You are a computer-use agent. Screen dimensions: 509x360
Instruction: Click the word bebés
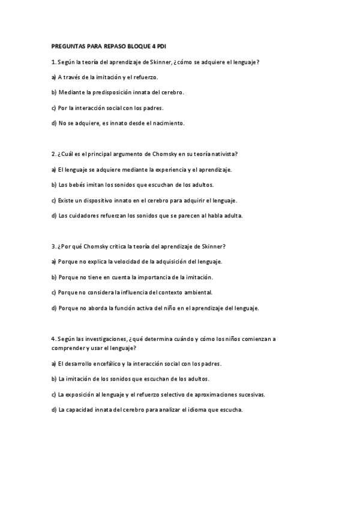pos(74,185)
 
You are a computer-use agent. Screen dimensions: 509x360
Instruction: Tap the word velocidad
pos(133,262)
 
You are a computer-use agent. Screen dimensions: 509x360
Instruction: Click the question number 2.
pos(53,154)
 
